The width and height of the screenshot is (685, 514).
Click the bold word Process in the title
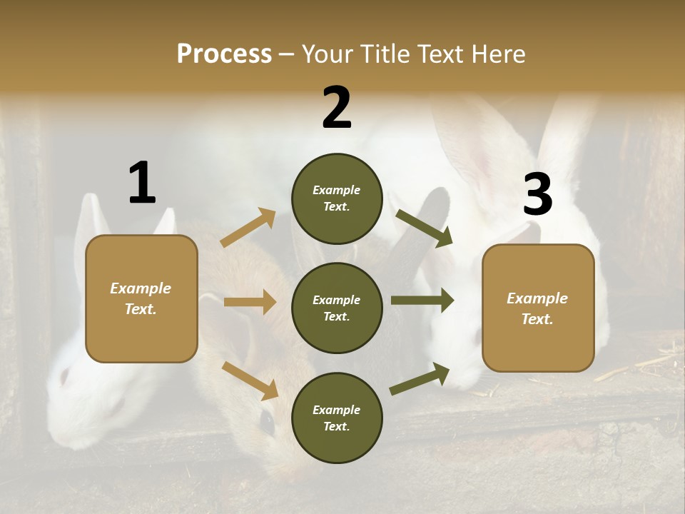click(224, 54)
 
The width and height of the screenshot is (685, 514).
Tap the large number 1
click(142, 183)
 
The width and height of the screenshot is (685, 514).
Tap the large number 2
click(337, 108)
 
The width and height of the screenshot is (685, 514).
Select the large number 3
click(537, 195)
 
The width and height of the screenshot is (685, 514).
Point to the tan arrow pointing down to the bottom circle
click(250, 381)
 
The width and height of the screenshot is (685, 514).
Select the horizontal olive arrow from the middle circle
click(422, 301)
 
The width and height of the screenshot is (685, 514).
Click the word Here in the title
click(499, 54)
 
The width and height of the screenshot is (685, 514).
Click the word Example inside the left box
click(141, 288)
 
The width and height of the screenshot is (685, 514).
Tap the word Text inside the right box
click(537, 319)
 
